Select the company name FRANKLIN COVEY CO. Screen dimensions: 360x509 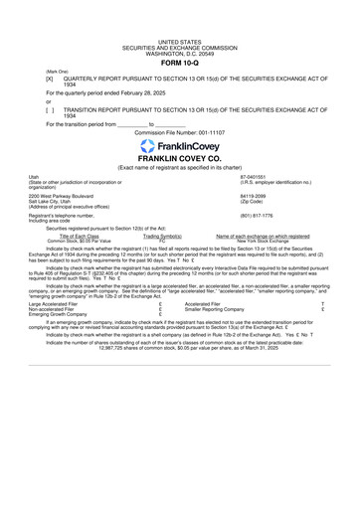(180, 158)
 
